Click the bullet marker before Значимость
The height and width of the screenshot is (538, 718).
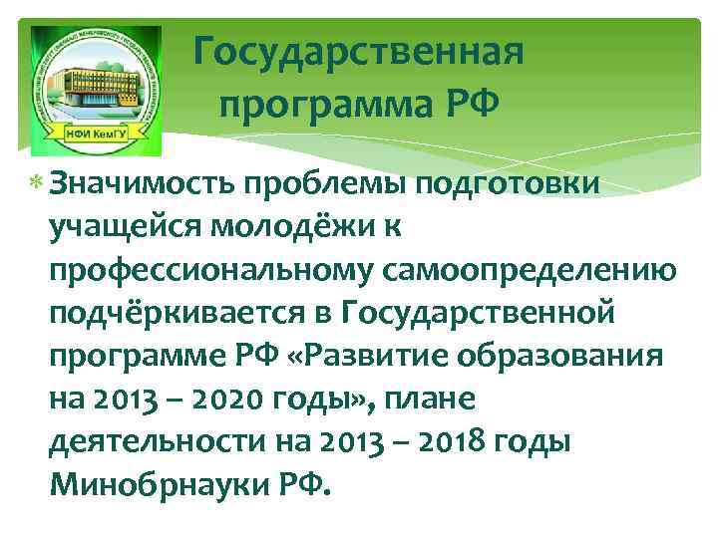point(36,184)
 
